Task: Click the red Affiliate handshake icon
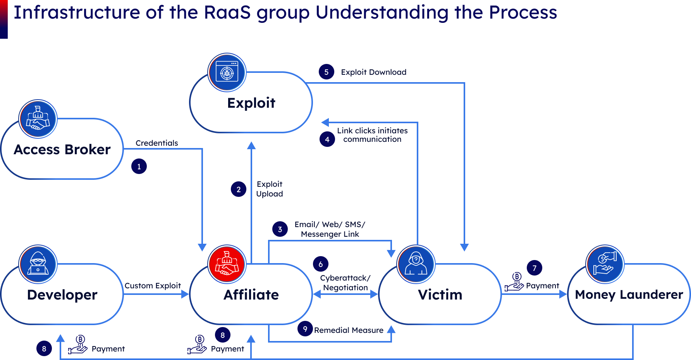(227, 264)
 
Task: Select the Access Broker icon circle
(38, 119)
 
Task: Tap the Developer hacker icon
(38, 264)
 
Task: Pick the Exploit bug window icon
(227, 72)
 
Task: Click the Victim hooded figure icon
(416, 264)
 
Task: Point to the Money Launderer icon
(605, 264)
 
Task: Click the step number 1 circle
(139, 167)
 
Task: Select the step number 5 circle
(327, 72)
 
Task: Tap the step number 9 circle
(305, 329)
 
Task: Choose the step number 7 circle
(535, 268)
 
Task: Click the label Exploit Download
(373, 72)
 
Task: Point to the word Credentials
(156, 143)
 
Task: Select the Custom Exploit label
(153, 286)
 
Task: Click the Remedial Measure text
(349, 330)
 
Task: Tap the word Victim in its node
(440, 295)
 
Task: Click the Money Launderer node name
(629, 295)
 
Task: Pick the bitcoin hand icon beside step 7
(514, 282)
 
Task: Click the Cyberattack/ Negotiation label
(345, 283)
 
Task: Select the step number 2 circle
(239, 189)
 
